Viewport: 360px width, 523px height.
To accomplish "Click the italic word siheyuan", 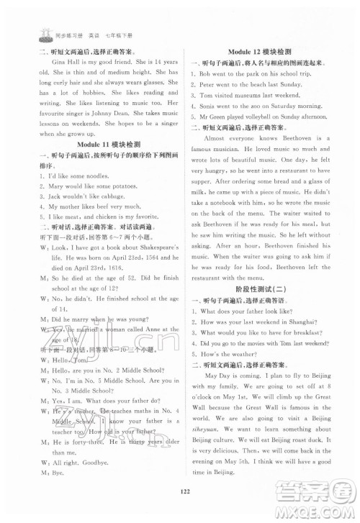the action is point(204,427).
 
